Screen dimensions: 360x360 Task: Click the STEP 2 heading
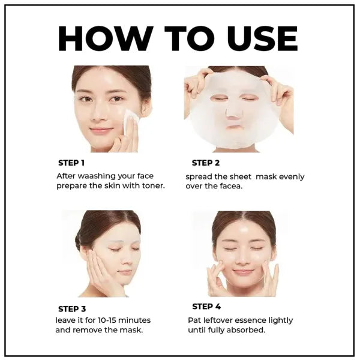pyautogui.click(x=206, y=163)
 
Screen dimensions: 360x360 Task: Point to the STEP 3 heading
pyautogui.click(x=71, y=309)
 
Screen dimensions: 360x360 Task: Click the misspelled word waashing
pyautogui.click(x=100, y=176)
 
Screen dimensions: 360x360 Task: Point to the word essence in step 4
pyautogui.click(x=244, y=320)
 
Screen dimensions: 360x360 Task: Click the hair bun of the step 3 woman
pyautogui.click(x=78, y=241)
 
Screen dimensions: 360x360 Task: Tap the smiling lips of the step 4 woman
pyautogui.click(x=244, y=272)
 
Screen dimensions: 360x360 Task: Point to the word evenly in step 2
pyautogui.click(x=290, y=176)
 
